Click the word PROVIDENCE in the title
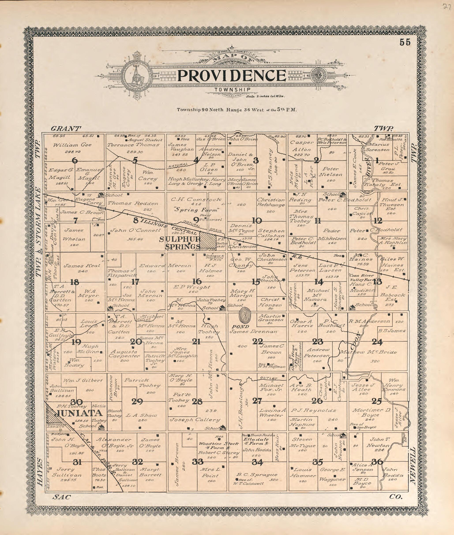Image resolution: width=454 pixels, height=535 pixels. tap(232, 76)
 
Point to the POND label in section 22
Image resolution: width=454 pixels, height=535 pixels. tap(240, 327)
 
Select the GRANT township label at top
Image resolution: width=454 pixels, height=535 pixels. tap(66, 128)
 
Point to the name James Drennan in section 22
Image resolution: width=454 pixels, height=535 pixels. tap(253, 332)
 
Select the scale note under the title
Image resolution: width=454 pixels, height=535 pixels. tap(265, 96)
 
